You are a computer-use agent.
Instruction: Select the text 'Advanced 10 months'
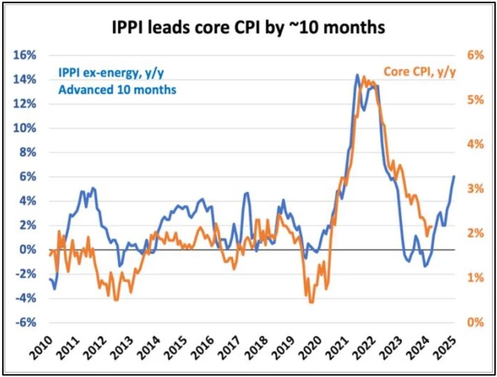click(x=117, y=90)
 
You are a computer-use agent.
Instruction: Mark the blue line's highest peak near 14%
click(x=357, y=75)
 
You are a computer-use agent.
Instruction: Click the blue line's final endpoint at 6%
click(x=454, y=176)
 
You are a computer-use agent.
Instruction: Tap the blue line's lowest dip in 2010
click(x=55, y=289)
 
